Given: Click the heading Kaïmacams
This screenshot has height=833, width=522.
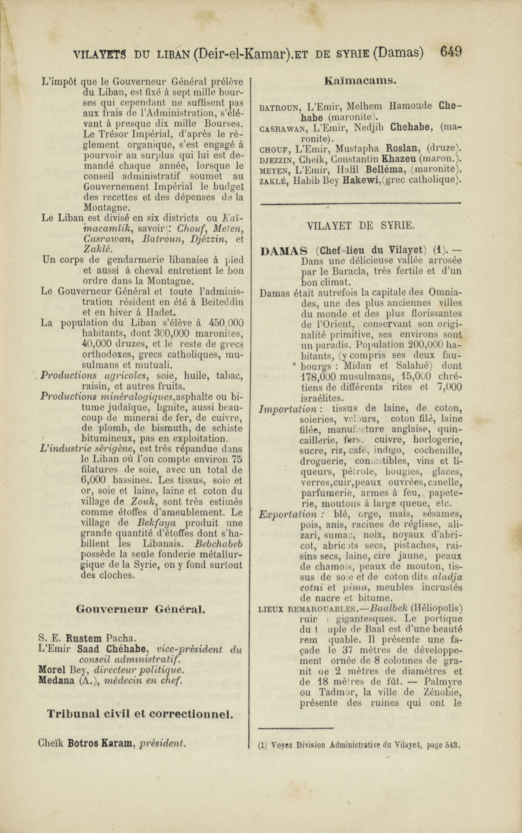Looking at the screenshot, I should (360, 81).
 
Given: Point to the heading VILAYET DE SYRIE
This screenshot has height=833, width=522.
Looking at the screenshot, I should (360, 226).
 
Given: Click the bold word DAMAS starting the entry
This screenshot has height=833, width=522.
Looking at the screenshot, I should (284, 251).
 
